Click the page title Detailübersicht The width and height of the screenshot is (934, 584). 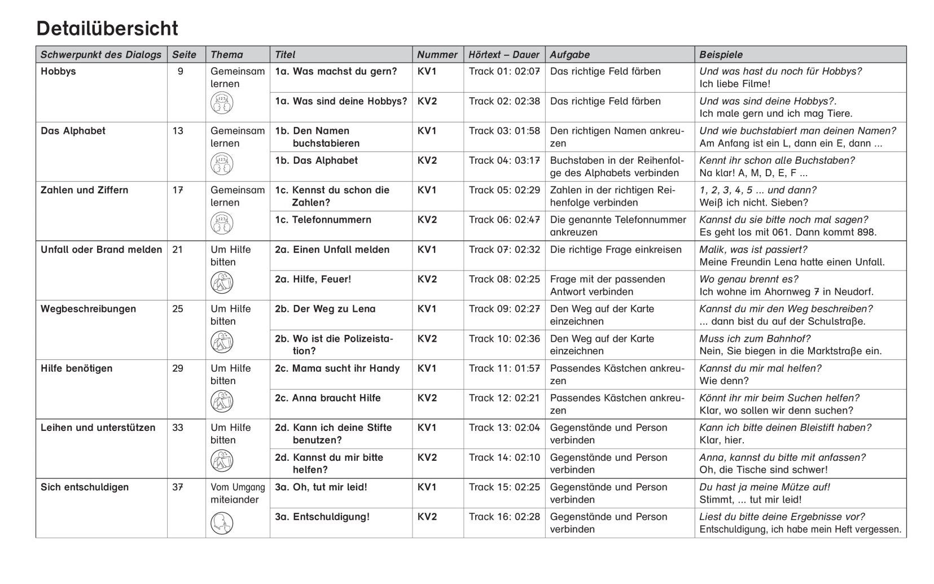[107, 28]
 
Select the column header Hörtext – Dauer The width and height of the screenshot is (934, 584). [504, 55]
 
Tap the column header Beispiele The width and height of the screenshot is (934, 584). [721, 55]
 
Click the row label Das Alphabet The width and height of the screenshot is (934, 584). [73, 131]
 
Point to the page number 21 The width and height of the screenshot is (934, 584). [178, 250]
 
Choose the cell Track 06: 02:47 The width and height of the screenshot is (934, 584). [504, 220]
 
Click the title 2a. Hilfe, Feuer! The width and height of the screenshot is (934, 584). [313, 279]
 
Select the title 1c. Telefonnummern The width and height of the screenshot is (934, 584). [323, 220]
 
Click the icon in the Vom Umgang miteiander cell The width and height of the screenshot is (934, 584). [222, 522]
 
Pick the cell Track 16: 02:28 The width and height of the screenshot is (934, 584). [504, 517]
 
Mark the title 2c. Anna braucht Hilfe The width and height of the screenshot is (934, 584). [327, 398]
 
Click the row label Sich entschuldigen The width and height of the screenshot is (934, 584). [85, 487]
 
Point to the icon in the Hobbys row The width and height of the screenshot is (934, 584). [222, 103]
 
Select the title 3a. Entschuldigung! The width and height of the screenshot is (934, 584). [322, 517]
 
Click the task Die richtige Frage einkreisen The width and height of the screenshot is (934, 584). [616, 250]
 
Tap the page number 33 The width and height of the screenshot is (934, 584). [178, 428]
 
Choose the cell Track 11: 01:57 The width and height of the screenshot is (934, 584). [504, 368]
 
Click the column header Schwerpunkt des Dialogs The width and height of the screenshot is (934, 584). [101, 55]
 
